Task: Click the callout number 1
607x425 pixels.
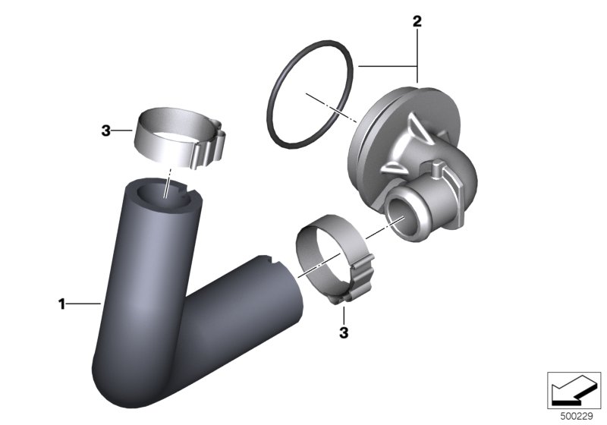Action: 61,304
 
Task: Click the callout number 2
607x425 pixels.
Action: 417,21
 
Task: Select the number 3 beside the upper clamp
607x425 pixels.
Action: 105,131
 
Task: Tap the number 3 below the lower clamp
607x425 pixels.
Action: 344,332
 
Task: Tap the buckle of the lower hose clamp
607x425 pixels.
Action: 358,279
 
